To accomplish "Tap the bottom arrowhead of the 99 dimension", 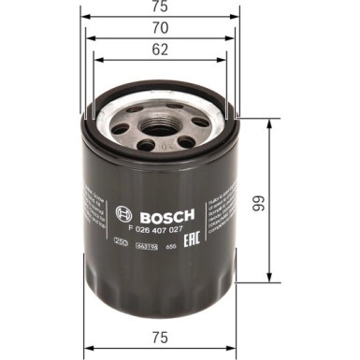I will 269,280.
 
